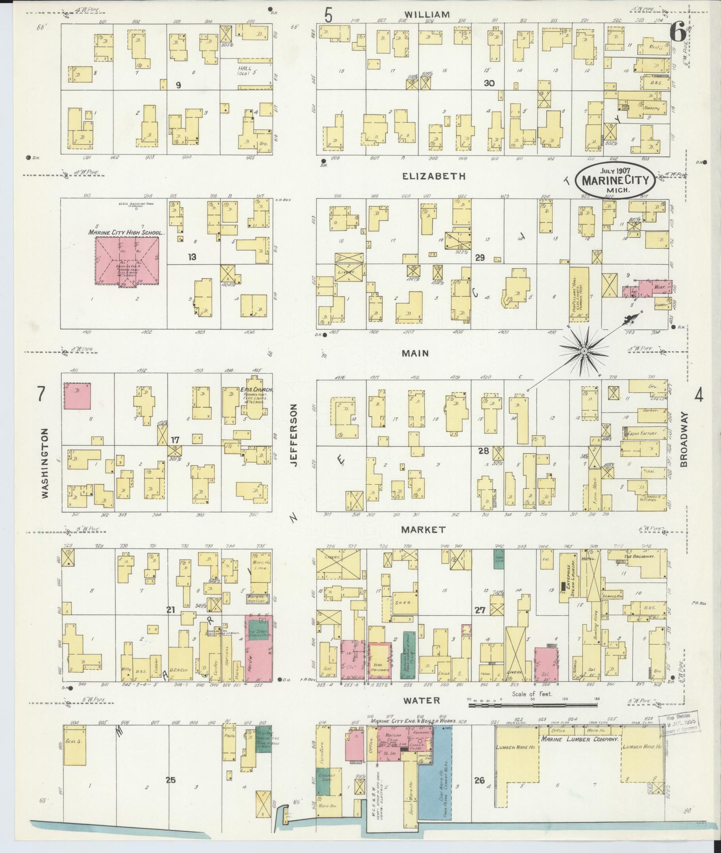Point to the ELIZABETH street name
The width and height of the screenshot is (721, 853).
click(x=434, y=176)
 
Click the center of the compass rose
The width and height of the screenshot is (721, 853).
click(x=584, y=351)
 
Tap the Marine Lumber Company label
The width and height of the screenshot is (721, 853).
click(x=578, y=739)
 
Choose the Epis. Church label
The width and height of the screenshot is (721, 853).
click(x=256, y=390)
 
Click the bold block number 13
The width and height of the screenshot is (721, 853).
click(x=191, y=257)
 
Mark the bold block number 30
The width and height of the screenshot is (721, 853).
click(x=489, y=83)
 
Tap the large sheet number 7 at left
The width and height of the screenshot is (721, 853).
click(x=41, y=394)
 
